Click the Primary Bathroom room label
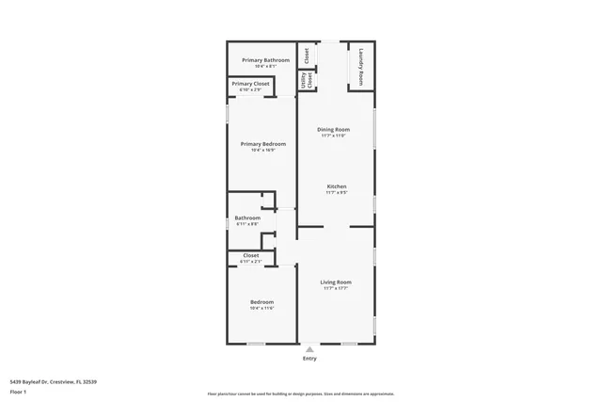[x=259, y=60]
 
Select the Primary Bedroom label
[x=262, y=143]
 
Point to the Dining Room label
[x=333, y=129]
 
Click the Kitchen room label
[x=337, y=186]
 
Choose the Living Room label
[x=335, y=282]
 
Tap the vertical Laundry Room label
[x=361, y=69]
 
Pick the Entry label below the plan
[x=309, y=359]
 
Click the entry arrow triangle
[x=309, y=348]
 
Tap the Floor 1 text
[x=17, y=391]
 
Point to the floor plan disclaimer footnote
[x=300, y=394]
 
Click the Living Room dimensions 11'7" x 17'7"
[x=335, y=289]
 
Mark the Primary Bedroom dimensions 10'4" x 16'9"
[x=262, y=150]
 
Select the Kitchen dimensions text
[x=337, y=193]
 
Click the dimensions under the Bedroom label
[x=261, y=308]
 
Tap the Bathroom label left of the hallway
[x=246, y=217]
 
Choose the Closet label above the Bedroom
[x=251, y=255]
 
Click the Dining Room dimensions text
[x=333, y=136]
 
